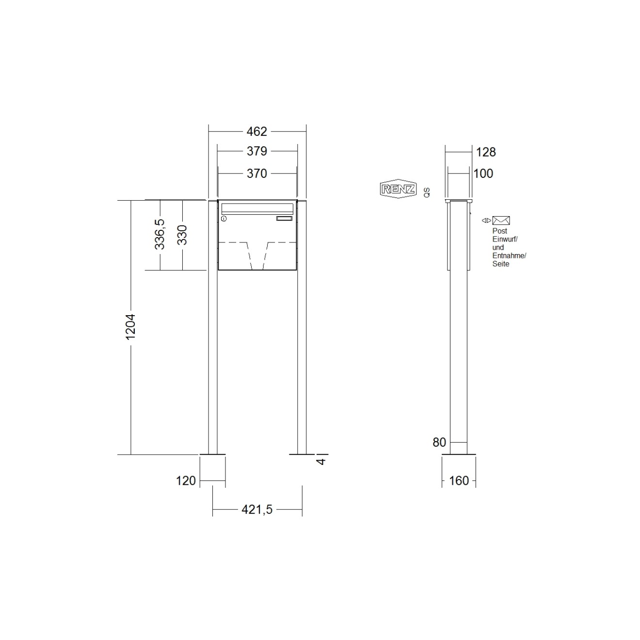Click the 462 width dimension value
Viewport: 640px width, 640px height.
tap(256, 131)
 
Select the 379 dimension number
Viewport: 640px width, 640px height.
tap(256, 151)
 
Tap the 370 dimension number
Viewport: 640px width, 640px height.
tap(256, 174)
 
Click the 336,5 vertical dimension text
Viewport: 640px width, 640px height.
tap(160, 234)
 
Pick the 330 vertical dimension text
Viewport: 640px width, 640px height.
tap(182, 235)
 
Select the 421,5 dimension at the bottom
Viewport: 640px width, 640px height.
tap(257, 510)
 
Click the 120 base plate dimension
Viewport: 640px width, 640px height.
tap(186, 480)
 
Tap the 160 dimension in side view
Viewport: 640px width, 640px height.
tap(459, 480)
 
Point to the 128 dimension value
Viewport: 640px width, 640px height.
tap(485, 152)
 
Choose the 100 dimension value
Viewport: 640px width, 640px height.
tap(483, 174)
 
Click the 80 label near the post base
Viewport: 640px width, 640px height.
tap(439, 442)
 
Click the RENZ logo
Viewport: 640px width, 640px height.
tap(398, 189)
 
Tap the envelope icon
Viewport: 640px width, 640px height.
tap(501, 221)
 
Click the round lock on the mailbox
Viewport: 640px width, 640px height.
tap(224, 220)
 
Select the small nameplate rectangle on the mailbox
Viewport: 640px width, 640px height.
tap(285, 219)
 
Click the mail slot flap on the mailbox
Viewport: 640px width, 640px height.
tap(257, 208)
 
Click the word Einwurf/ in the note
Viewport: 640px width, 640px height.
tap(505, 239)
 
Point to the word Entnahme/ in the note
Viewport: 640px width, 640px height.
tap(509, 256)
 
